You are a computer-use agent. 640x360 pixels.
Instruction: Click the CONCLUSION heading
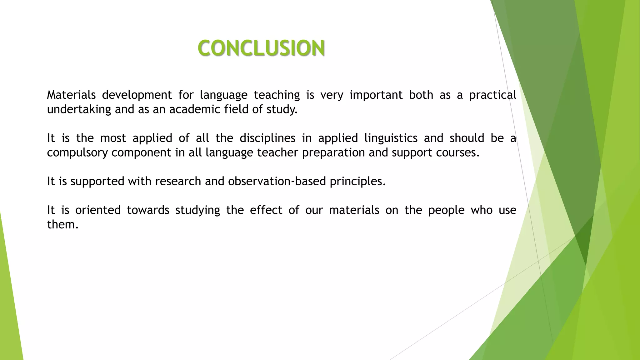click(x=261, y=48)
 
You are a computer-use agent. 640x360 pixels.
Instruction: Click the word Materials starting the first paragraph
click(x=71, y=95)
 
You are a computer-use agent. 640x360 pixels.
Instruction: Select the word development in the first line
click(x=137, y=95)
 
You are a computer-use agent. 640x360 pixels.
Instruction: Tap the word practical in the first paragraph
click(x=492, y=95)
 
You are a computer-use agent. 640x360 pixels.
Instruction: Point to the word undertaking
click(x=79, y=109)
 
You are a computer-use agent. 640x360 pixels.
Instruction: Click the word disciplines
click(x=267, y=138)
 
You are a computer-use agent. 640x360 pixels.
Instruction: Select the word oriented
click(x=98, y=210)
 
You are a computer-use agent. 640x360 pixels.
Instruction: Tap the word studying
click(x=197, y=210)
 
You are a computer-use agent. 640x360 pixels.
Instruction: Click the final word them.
click(x=62, y=224)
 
